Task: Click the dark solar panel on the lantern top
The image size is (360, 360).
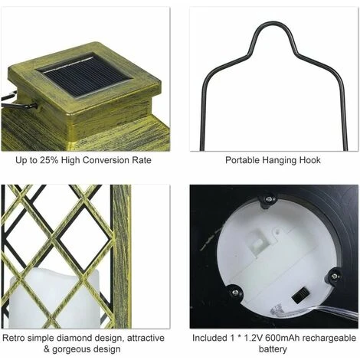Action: [x=83, y=76]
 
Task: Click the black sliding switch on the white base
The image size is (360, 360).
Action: [x=301, y=295]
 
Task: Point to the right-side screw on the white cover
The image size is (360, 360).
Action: [x=334, y=277]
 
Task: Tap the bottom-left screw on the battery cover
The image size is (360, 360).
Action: [x=235, y=292]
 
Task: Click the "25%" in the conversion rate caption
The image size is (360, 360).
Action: [x=49, y=160]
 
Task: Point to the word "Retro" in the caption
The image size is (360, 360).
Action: [x=14, y=338]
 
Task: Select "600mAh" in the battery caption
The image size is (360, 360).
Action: [x=282, y=338]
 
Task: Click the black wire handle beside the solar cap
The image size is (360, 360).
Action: [x=18, y=101]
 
